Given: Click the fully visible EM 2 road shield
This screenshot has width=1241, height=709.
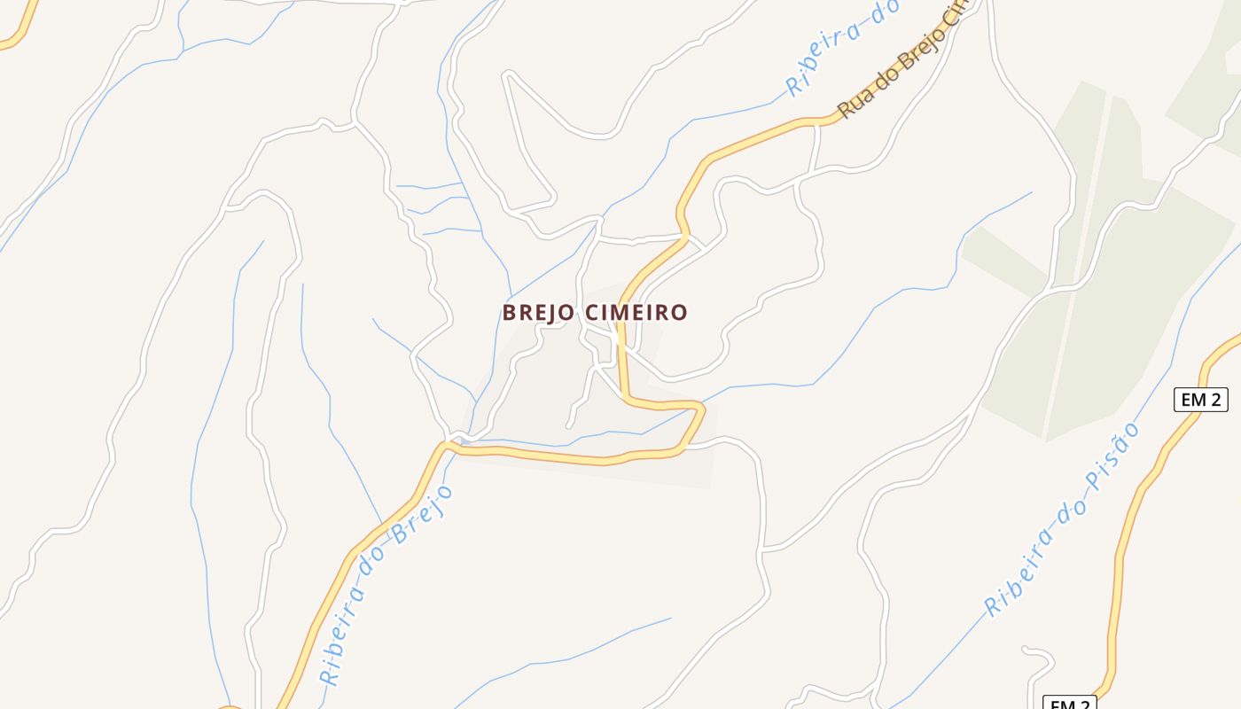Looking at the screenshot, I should [x=1201, y=400].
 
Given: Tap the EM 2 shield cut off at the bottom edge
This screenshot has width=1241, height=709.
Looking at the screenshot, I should [x=1070, y=705].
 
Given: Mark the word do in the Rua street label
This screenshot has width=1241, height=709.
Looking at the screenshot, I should [x=884, y=81].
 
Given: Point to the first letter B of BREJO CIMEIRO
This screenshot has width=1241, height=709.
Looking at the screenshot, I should [x=509, y=313].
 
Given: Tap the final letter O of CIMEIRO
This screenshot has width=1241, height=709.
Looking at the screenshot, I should [x=680, y=313].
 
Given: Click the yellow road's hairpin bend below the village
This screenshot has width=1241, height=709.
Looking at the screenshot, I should [x=699, y=409].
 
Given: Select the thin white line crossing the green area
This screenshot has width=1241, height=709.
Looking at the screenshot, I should [x=1076, y=266].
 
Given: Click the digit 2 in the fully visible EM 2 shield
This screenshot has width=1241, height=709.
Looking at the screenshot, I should [x=1214, y=400].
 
